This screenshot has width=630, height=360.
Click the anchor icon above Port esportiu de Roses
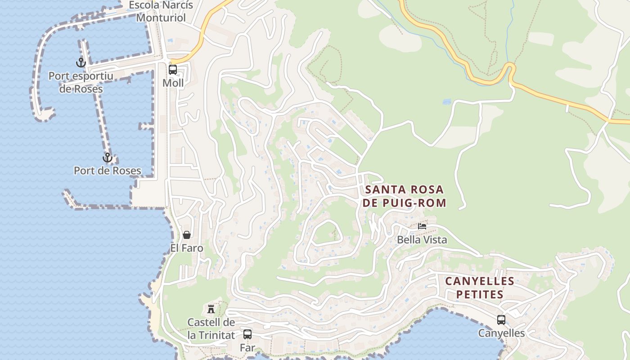pyautogui.click(x=81, y=63)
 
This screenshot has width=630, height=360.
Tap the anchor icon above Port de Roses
pyautogui.click(x=107, y=157)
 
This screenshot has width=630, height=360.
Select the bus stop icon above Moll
pyautogui.click(x=173, y=70)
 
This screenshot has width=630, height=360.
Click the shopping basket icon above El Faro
pyautogui.click(x=187, y=235)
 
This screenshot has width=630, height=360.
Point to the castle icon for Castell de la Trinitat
pyautogui.click(x=211, y=309)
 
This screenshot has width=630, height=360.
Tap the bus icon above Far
pyautogui.click(x=247, y=334)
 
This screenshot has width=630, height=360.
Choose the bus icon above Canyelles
pyautogui.click(x=501, y=320)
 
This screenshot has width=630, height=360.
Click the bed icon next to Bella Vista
pyautogui.click(x=422, y=226)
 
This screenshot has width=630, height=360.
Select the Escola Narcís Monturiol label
pyautogui.click(x=161, y=12)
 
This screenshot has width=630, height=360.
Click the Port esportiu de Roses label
pyautogui.click(x=81, y=82)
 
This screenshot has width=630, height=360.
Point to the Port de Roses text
pyautogui.click(x=108, y=171)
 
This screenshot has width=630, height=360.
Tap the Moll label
pyautogui.click(x=173, y=83)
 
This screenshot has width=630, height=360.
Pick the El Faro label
pyautogui.click(x=187, y=248)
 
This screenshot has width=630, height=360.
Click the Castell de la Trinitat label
pyautogui.click(x=211, y=329)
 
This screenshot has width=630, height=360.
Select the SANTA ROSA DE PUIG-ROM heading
pyautogui.click(x=404, y=196)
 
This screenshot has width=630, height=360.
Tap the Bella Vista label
pyautogui.click(x=422, y=240)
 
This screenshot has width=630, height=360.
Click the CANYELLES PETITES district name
pyautogui.click(x=480, y=288)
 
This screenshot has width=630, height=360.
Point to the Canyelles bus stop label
pyautogui.click(x=501, y=333)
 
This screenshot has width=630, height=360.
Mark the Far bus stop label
pyautogui.click(x=247, y=348)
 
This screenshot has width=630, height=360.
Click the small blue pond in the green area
pyautogui.click(x=446, y=102)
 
